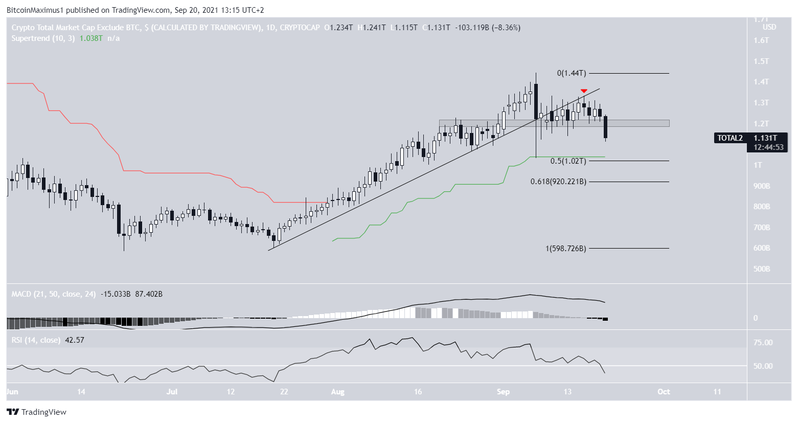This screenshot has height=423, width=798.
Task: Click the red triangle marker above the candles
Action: pos(584,91)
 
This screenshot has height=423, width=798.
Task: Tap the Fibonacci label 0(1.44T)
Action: pos(571,73)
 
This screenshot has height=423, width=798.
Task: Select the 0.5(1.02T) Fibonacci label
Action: pos(568,161)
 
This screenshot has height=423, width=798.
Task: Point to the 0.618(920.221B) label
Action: pos(558,182)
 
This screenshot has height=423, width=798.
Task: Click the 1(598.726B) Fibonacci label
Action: pos(565,248)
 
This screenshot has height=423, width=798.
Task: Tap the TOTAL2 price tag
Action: pos(729,138)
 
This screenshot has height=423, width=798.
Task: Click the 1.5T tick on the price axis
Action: pos(761,61)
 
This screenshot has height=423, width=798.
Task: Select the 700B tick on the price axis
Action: pos(761,227)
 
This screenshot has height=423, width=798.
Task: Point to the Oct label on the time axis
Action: pos(664,392)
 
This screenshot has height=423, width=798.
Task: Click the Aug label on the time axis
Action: pos(338,392)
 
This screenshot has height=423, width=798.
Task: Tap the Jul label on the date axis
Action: pos(172,392)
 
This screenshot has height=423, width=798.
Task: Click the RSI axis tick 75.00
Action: pos(763,343)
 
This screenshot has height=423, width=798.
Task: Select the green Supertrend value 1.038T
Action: pos(91,38)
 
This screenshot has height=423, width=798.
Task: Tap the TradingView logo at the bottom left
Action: pos(37,412)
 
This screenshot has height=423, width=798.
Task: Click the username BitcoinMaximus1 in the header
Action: pos(39,10)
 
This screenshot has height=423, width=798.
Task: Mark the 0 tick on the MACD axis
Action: pos(756,318)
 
